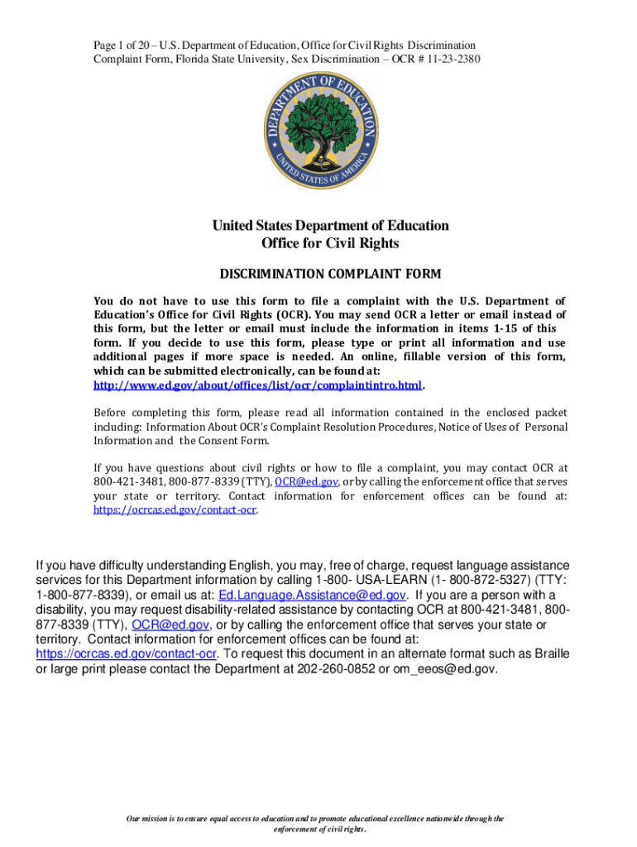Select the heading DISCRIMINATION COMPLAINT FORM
pyautogui.click(x=329, y=274)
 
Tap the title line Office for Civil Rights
pyautogui.click(x=329, y=243)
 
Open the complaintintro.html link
pyautogui.click(x=257, y=385)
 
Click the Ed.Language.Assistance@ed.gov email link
pyautogui.click(x=312, y=595)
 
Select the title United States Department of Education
pyautogui.click(x=329, y=225)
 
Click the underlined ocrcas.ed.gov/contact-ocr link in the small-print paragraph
pyautogui.click(x=175, y=510)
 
